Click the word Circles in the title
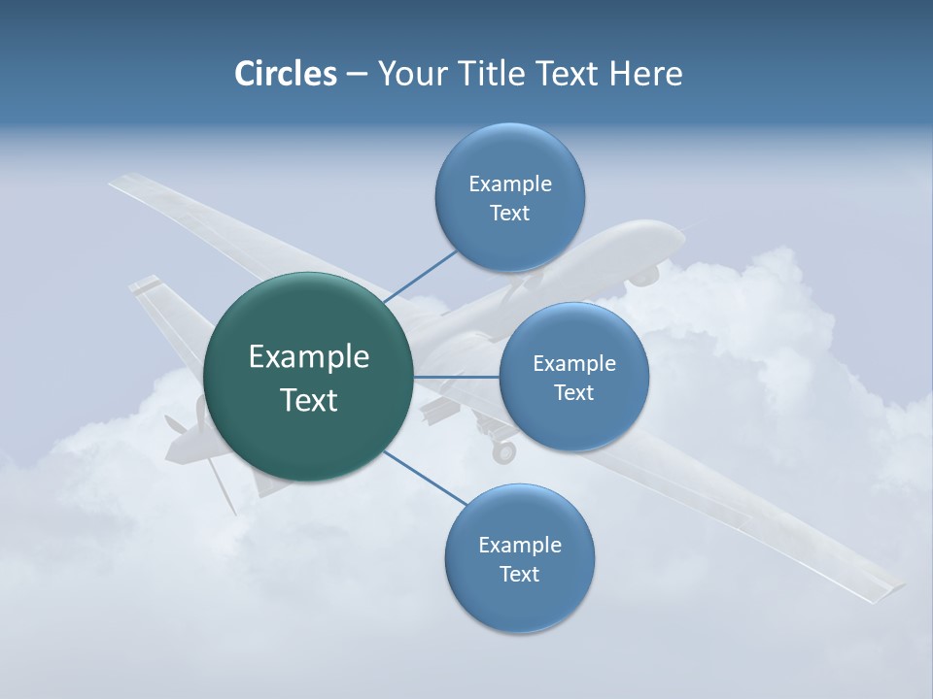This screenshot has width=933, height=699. (286, 74)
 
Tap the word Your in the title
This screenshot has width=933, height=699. (407, 74)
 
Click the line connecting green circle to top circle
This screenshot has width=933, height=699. (420, 277)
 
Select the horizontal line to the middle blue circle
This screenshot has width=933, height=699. (456, 376)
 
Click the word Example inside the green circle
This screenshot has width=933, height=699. (308, 357)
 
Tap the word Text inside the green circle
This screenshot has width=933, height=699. (308, 400)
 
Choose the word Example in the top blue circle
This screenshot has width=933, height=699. (509, 184)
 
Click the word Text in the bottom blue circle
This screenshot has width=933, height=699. (519, 574)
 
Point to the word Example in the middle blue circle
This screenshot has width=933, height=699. (573, 364)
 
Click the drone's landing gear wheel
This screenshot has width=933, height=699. (503, 452)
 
